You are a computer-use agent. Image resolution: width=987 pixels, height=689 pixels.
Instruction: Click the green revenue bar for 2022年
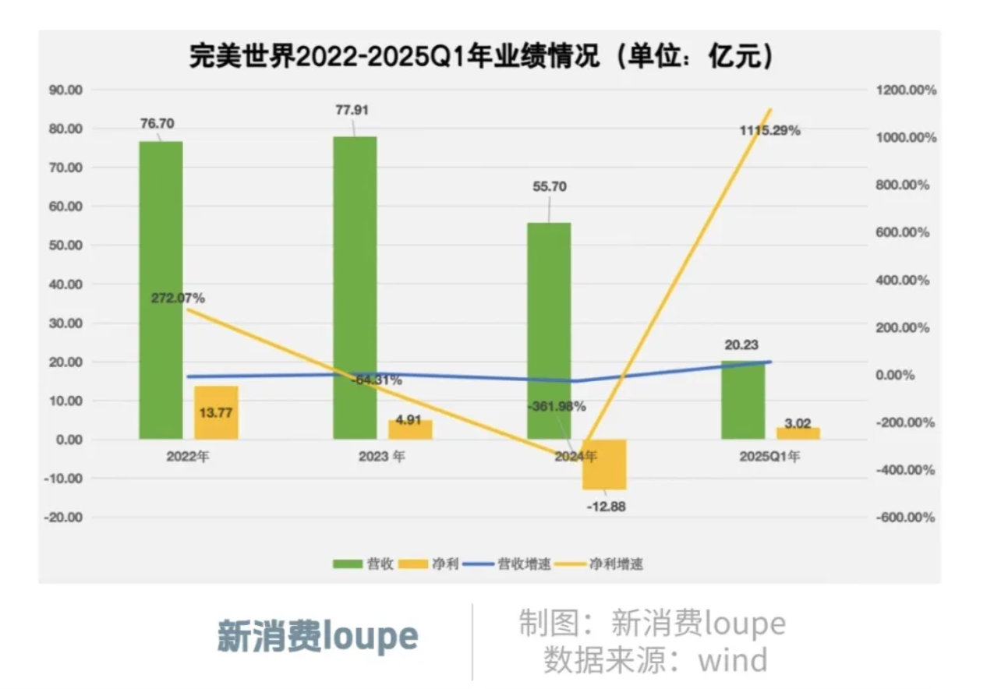[161, 290]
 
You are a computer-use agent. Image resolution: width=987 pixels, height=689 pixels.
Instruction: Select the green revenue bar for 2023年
[355, 288]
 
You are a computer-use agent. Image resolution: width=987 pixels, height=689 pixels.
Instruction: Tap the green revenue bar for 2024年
[549, 330]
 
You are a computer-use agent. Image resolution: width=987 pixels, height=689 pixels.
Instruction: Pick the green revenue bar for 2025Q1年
[743, 400]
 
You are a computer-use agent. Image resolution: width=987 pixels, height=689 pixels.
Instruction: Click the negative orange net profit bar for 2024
[604, 465]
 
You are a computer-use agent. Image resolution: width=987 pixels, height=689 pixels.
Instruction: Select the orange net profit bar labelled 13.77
[216, 412]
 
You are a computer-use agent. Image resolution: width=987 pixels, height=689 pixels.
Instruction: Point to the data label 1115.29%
[769, 130]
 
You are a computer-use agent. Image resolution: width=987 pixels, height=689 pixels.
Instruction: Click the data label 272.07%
[179, 298]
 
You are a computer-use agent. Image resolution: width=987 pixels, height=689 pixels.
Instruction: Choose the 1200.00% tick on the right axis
[904, 90]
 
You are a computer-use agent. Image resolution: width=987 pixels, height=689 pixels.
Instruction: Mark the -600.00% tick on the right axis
[904, 518]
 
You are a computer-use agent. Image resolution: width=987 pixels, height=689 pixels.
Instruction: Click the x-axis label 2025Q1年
[769, 457]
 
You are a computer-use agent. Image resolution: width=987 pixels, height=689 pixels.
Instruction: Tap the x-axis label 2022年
[188, 457]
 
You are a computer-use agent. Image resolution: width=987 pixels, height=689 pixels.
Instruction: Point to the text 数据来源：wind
[655, 659]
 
